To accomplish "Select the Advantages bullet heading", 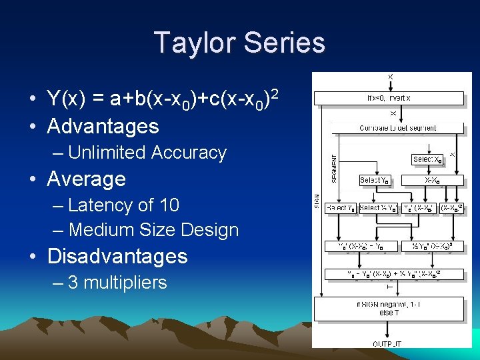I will pos(103,126).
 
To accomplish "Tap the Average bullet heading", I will pos(86,179).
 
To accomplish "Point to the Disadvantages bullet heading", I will pos(117,256).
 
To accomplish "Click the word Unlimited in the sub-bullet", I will pos(107,153).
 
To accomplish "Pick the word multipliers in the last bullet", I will pos(127,283).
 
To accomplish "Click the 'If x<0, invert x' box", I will pos(389,98).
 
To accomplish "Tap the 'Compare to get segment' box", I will pos(398,128).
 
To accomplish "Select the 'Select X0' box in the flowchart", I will pos(427,159).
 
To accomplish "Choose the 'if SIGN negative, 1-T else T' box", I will pos(389,308).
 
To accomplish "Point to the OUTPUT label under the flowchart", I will pos(387,344).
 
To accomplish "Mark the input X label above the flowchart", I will pos(390,77).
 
